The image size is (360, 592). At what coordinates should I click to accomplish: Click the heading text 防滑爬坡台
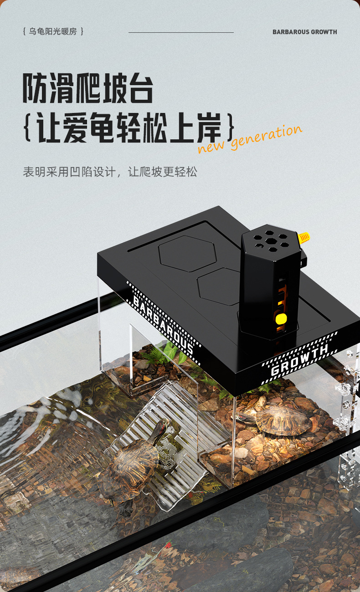[88, 88]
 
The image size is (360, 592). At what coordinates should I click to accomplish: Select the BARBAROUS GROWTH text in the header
[304, 32]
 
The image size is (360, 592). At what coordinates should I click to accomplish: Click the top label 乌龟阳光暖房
[53, 31]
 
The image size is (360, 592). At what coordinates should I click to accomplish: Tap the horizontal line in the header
[181, 32]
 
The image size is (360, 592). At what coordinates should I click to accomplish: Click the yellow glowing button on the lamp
[281, 318]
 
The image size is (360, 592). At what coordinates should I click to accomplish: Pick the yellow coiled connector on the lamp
[303, 237]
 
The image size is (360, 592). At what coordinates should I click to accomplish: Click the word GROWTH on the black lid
[299, 360]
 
